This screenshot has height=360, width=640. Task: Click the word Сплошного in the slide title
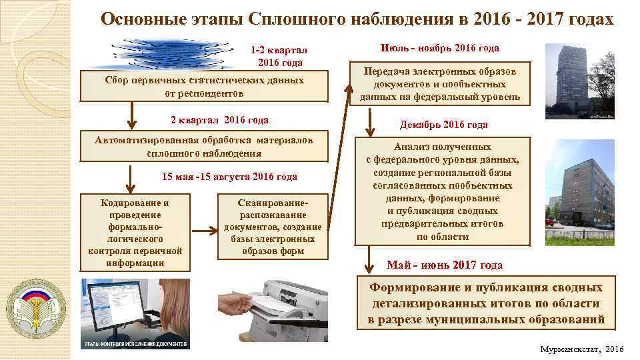coord(292,19)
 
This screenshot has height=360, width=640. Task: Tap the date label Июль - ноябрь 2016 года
coord(439,48)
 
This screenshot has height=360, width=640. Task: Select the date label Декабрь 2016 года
coord(443,125)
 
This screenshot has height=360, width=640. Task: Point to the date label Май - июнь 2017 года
coord(445,265)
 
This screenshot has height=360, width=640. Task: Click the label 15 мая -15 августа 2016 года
coord(229,177)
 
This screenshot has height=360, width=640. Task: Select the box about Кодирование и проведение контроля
coord(135,232)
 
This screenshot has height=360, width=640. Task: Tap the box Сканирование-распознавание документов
coord(273,227)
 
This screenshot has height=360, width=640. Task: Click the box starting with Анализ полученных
coord(443,191)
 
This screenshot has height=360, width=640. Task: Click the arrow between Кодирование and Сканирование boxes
coord(205,229)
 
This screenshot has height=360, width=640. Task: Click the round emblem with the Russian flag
coord(41,302)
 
